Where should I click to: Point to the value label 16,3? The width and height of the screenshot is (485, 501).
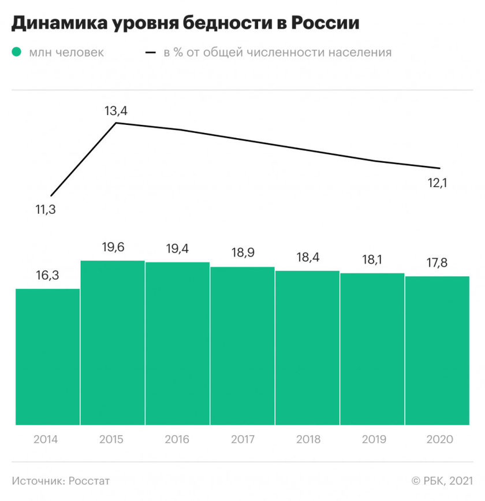[x=47, y=275]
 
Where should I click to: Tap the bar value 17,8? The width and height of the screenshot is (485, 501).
[x=437, y=263]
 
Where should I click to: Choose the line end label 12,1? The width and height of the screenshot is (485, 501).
[x=438, y=183]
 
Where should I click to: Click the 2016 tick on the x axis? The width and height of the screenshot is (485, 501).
[x=177, y=439]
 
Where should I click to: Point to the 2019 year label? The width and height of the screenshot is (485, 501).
[x=372, y=439]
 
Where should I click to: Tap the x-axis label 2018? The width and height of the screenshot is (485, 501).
[x=307, y=439]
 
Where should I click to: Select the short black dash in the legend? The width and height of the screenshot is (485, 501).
[x=152, y=53]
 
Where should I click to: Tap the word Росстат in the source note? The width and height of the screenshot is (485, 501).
[x=89, y=480]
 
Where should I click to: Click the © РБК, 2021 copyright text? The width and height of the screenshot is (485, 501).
[x=442, y=480]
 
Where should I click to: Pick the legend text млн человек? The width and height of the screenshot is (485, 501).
[x=66, y=53]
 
